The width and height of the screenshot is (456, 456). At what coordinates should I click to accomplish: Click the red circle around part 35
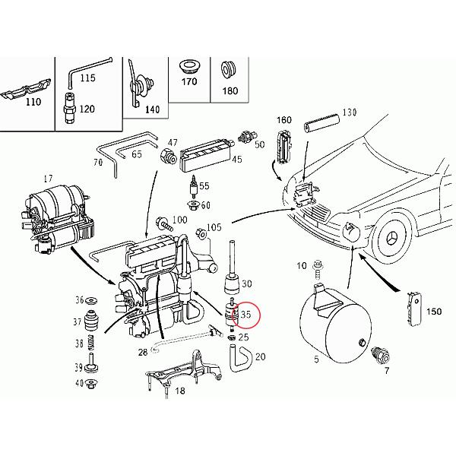248,315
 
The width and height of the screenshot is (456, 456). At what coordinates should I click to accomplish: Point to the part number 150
435,312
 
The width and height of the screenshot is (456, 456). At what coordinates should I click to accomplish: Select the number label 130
349,112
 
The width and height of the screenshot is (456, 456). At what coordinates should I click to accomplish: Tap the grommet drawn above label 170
187,67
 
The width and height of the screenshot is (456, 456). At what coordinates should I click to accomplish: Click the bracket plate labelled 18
179,373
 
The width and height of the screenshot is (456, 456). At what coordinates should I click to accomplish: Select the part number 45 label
236,160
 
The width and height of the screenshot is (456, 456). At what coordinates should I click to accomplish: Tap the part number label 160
284,120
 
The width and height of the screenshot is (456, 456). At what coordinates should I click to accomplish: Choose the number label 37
78,321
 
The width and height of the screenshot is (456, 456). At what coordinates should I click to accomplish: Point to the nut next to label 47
166,158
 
